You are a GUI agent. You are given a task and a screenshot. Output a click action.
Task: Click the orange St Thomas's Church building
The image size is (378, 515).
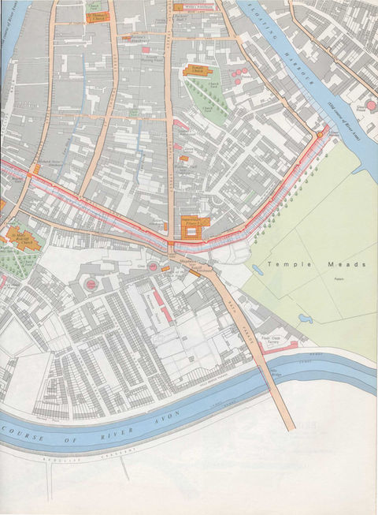[98, 17]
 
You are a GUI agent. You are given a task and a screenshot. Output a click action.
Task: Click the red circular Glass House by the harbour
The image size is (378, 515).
[371, 105]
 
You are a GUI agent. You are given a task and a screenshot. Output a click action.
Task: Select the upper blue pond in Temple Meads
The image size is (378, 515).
[258, 270]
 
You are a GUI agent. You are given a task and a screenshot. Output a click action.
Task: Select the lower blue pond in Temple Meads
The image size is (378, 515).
[306, 319]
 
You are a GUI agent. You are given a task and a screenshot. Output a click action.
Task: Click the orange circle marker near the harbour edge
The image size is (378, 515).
[320, 136]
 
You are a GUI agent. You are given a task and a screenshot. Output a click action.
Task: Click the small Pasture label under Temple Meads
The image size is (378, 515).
[339, 278]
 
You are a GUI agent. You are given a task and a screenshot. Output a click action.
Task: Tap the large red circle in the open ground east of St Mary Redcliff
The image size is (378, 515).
[93, 283]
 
